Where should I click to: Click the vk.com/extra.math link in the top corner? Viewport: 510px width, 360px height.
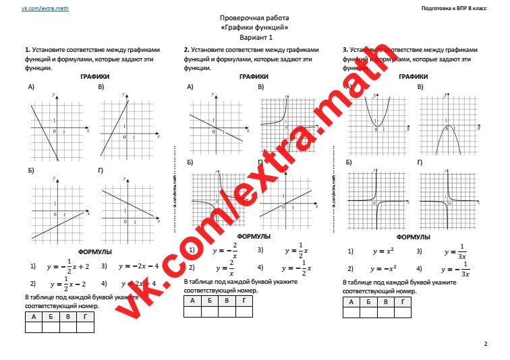point(45,7)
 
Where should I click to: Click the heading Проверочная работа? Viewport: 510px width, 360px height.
point(254,19)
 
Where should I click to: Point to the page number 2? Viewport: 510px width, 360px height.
point(485,344)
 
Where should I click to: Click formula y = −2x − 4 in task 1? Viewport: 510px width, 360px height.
point(138,266)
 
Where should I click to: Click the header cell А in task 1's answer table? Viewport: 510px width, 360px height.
point(33,316)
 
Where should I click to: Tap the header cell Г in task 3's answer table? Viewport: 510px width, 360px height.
point(403,302)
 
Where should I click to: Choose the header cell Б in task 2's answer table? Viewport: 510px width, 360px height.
point(210,301)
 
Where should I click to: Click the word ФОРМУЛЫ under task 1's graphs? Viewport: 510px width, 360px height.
point(95,252)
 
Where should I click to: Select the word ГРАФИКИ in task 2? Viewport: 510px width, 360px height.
point(254,77)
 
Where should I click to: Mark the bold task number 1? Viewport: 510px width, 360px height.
point(26,50)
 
